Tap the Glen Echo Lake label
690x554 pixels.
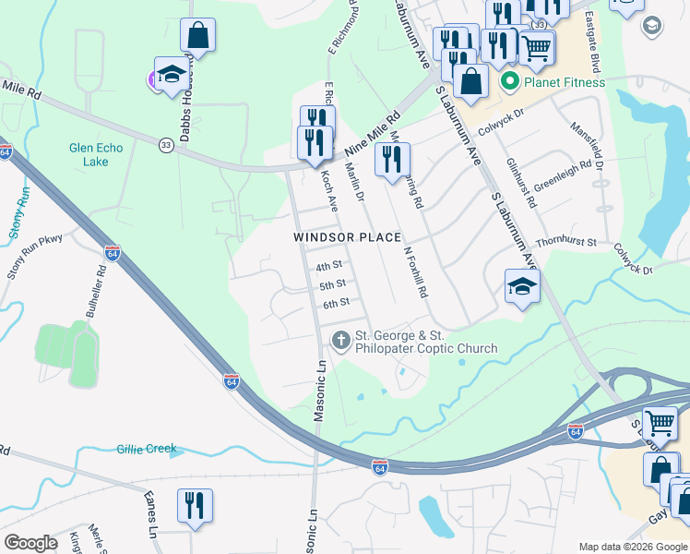coord(89,154)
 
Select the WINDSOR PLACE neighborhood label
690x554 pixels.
coord(348,237)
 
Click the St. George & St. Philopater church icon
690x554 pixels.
coord(340,341)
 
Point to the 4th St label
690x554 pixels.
coord(329,267)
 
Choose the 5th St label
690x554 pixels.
coord(332,284)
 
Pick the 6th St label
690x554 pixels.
coord(336,303)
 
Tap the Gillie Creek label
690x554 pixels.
coord(147,449)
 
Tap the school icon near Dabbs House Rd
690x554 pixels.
coord(172,75)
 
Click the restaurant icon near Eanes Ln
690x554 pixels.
coord(195,506)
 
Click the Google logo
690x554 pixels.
coord(30,543)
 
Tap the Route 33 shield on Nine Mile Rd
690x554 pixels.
coord(166,145)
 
